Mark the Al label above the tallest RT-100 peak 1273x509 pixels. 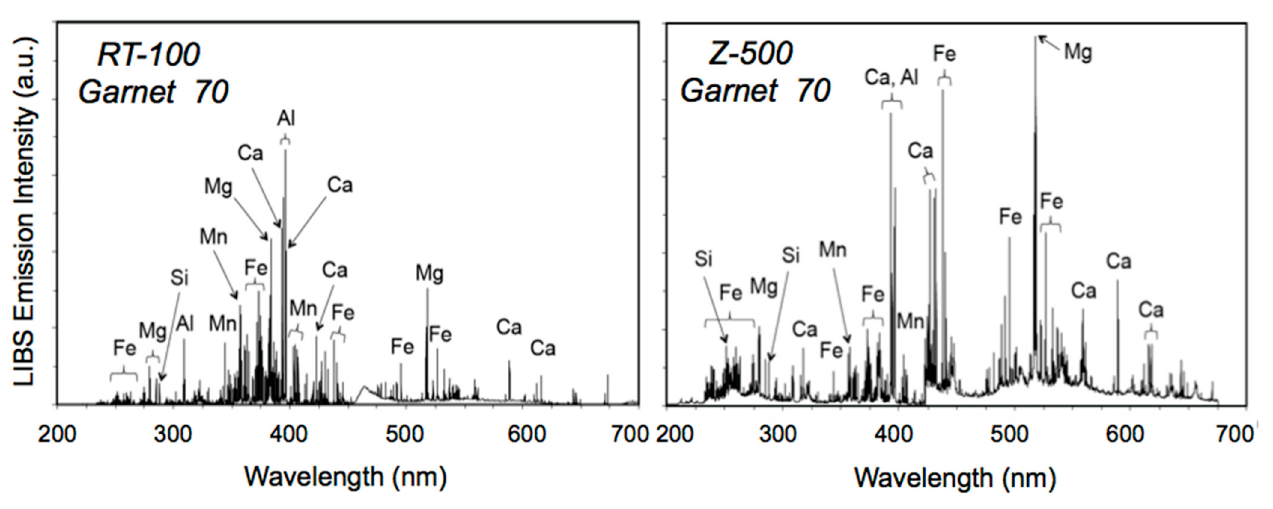point(286,119)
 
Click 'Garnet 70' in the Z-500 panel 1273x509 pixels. point(756,91)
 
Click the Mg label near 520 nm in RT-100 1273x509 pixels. point(429,273)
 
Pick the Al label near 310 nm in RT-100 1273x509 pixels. point(185,324)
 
